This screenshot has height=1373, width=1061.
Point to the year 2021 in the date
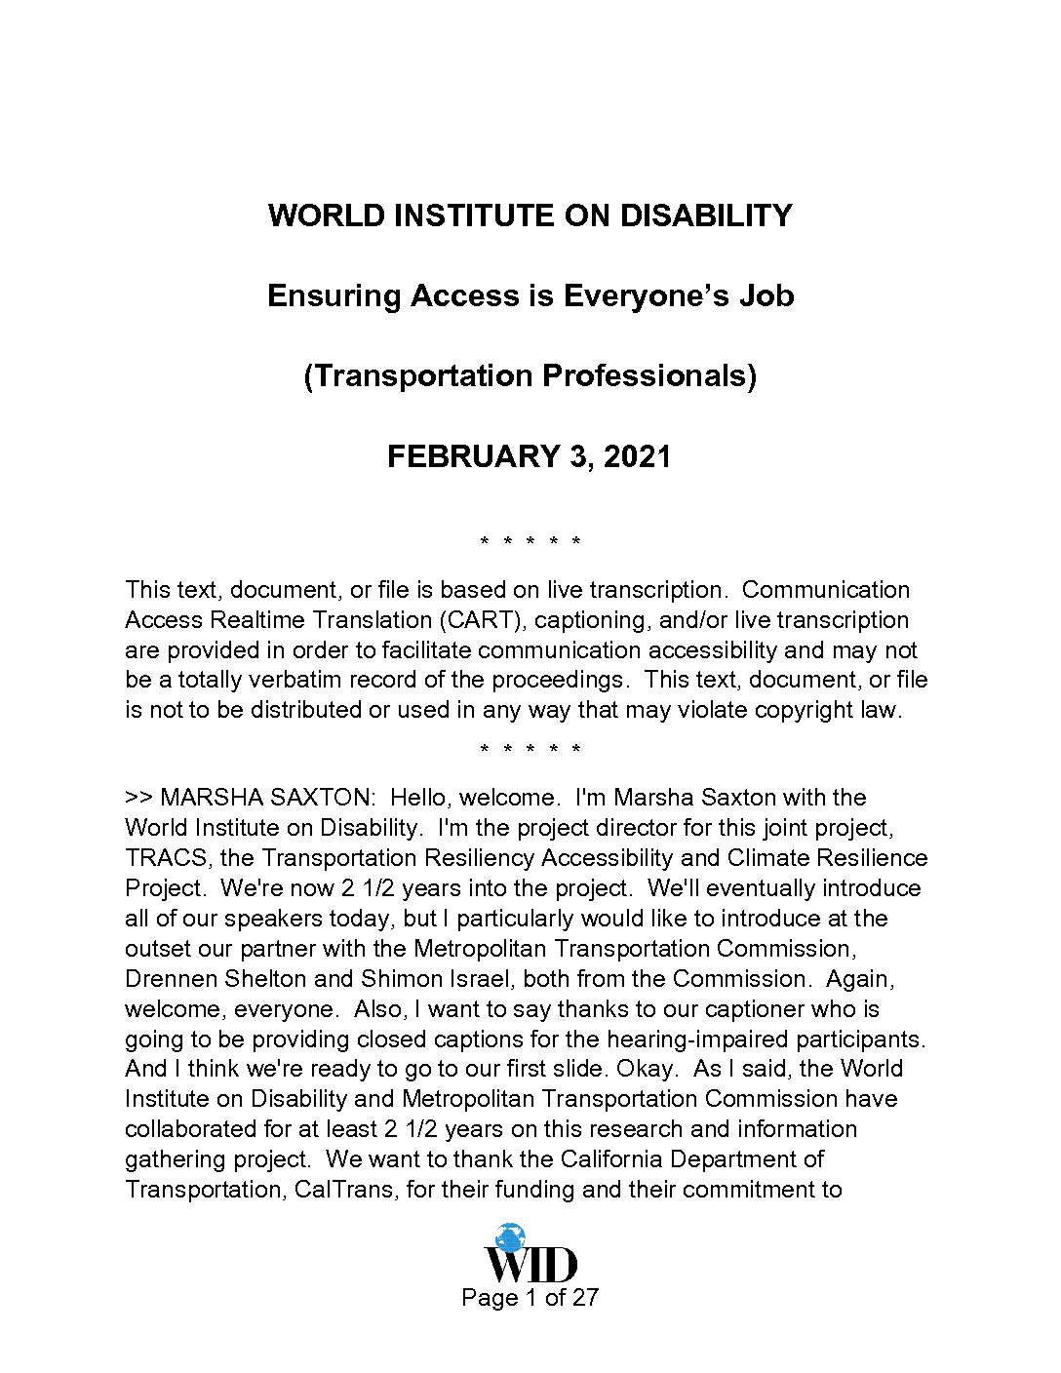[x=637, y=456]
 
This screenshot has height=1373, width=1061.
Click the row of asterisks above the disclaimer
[x=530, y=541]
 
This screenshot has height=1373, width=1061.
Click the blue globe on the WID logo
[x=509, y=1237]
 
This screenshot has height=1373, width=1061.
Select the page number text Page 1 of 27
[x=530, y=1298]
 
